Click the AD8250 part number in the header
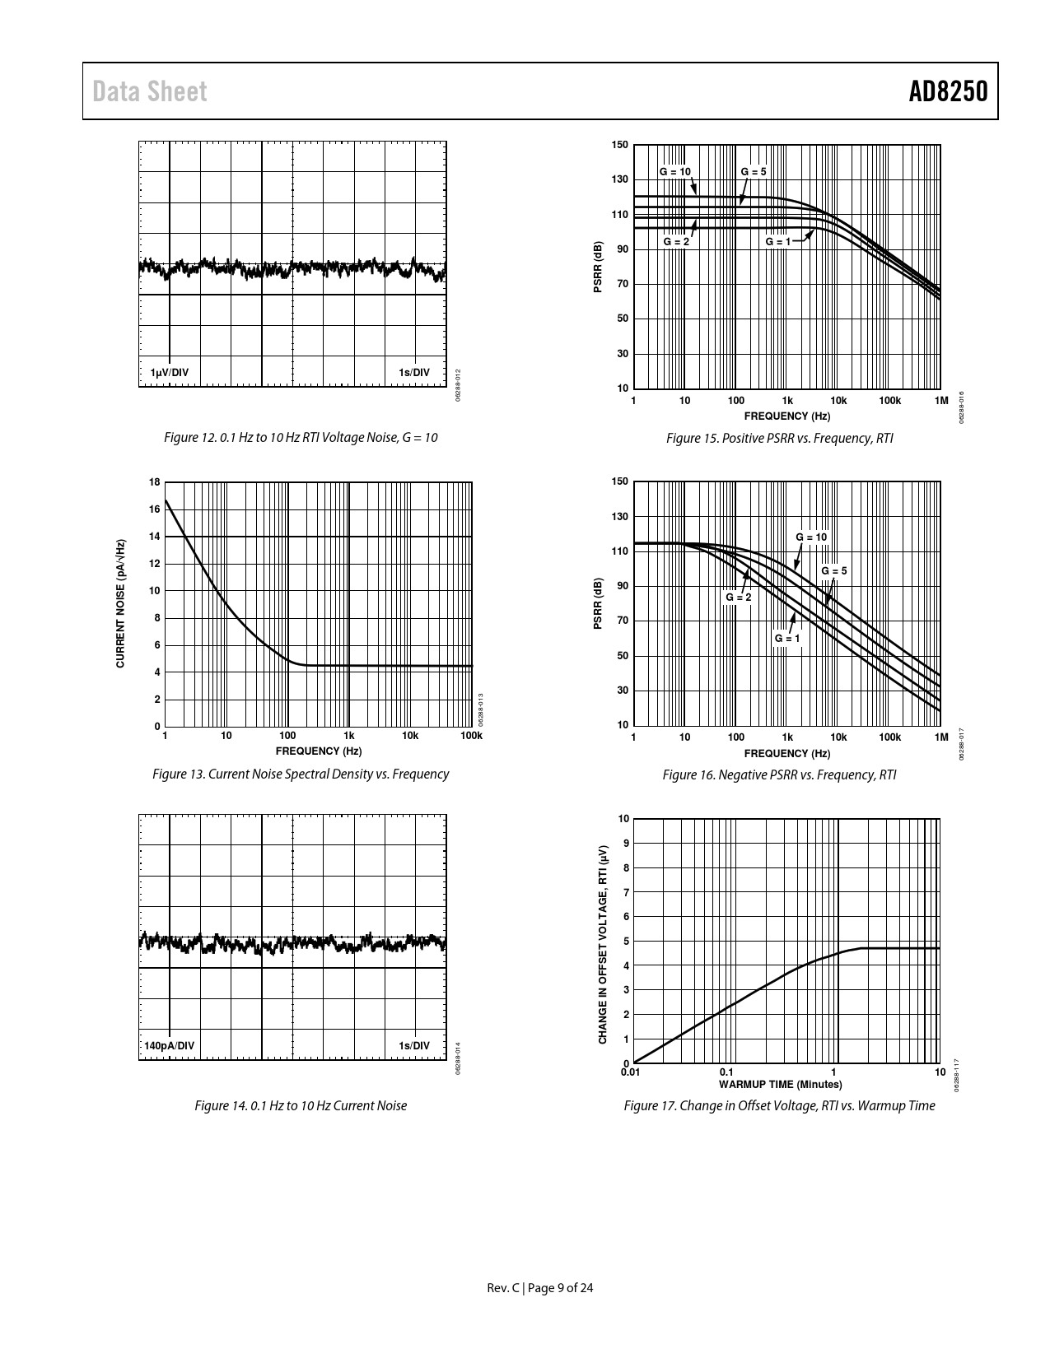tap(947, 91)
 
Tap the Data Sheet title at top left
tap(150, 91)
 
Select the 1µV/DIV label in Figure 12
tap(169, 372)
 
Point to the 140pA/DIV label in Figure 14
tap(169, 1045)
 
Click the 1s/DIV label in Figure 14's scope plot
tap(414, 1045)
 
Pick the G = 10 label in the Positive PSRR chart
tap(675, 171)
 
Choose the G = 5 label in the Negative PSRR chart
tap(833, 571)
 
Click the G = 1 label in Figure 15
tap(777, 242)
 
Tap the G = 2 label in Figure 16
tap(738, 597)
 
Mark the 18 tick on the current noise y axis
tap(155, 482)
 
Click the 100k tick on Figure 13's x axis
tap(471, 735)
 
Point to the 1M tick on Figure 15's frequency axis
tap(941, 401)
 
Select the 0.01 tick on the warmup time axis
tap(630, 1072)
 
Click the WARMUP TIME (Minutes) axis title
tap(781, 1084)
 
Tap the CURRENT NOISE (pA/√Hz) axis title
tap(120, 603)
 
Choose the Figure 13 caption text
tap(301, 774)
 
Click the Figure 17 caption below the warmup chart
tap(779, 1105)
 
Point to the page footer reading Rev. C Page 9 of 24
tap(540, 1288)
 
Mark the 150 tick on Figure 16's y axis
tap(620, 481)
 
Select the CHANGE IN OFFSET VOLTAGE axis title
tap(603, 944)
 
